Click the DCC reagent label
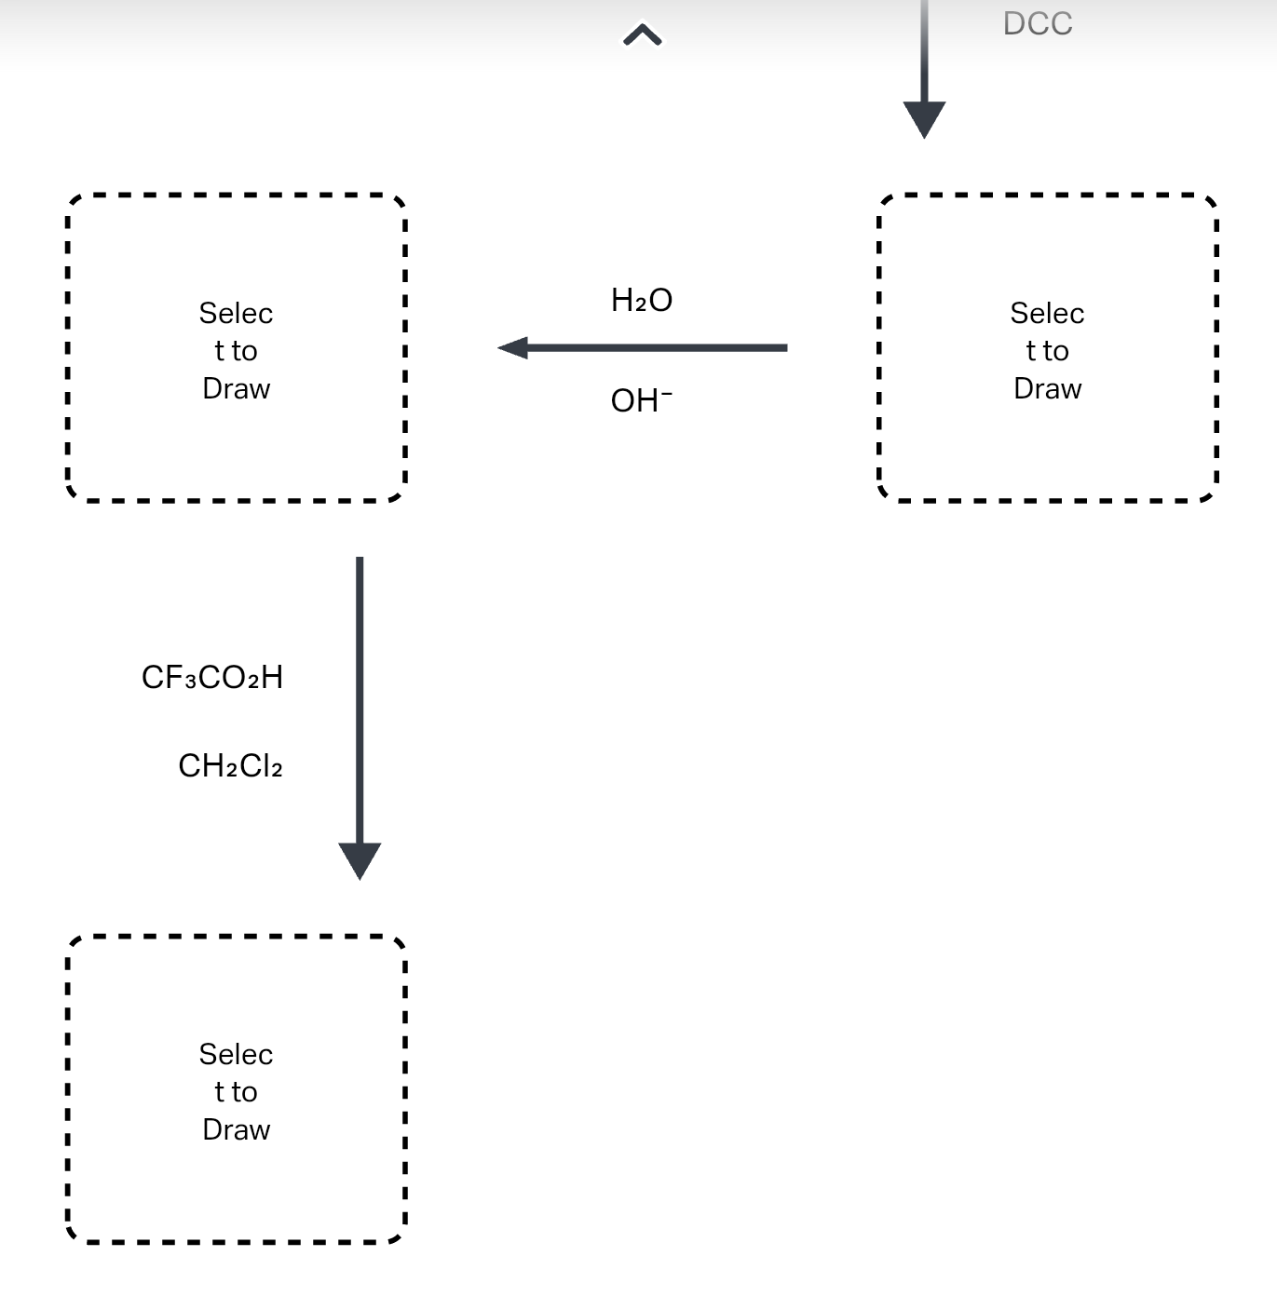1038,23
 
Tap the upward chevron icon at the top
642,36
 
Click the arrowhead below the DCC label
924,118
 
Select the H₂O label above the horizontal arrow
642,300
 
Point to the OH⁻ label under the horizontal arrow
641,400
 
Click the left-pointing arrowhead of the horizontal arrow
514,348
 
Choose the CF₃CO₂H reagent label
212,677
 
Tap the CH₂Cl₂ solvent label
230,765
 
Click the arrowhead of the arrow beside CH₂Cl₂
360,858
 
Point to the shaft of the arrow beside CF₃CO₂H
360,698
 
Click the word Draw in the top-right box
1047,388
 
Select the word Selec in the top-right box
1047,313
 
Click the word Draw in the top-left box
236,388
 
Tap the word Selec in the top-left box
236,313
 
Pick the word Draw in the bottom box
236,1129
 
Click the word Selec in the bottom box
236,1054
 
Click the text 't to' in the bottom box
236,1091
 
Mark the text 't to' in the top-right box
1047,351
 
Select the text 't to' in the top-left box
236,351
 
